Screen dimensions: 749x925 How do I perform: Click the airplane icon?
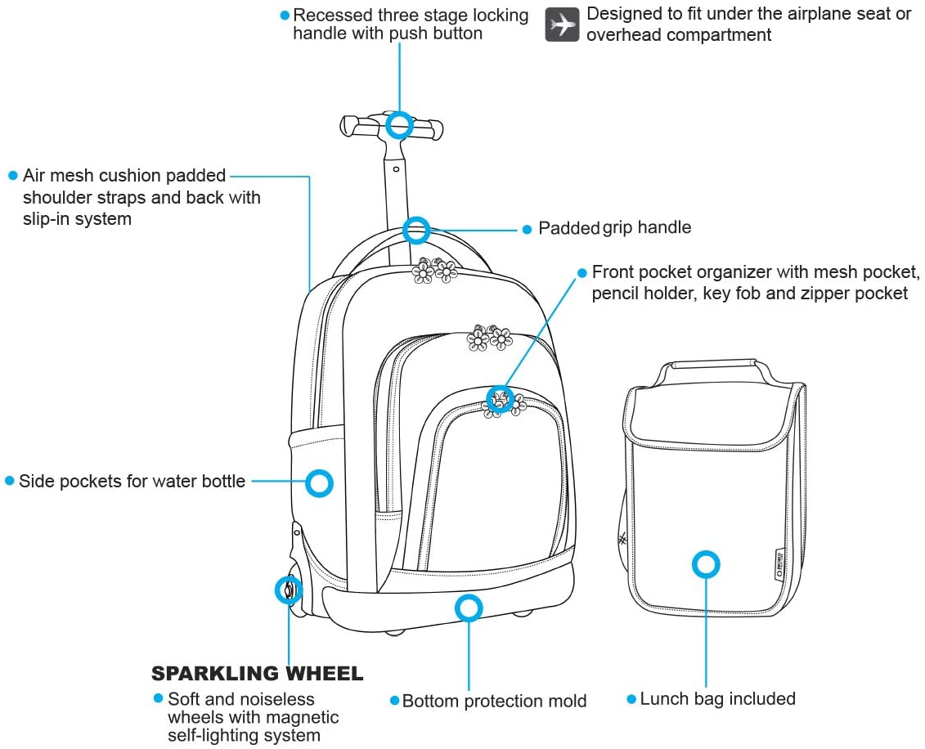(x=563, y=25)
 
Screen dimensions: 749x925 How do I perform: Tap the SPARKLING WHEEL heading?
(x=257, y=674)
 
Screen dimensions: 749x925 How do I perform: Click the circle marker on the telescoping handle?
(x=399, y=125)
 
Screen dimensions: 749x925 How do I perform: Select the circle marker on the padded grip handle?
(x=416, y=230)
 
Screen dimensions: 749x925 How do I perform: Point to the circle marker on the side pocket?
(x=319, y=483)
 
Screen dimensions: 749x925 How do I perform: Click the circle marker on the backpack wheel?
(x=288, y=590)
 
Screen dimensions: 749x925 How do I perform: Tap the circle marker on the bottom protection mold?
(x=469, y=608)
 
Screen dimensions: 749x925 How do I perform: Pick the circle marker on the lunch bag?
(x=706, y=564)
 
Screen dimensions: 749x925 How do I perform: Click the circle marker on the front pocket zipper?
(x=499, y=399)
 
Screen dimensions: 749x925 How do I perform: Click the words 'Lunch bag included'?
(x=717, y=699)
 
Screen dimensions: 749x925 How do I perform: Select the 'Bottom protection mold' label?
(x=494, y=702)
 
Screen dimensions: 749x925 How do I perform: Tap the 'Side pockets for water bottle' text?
(x=132, y=481)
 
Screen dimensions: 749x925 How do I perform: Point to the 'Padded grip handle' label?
(x=614, y=228)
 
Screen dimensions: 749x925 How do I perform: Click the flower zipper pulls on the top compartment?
(x=433, y=271)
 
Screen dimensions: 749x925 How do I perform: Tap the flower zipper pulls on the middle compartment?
(x=489, y=338)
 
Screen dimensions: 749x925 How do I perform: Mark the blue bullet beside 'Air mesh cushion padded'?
(x=12, y=176)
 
